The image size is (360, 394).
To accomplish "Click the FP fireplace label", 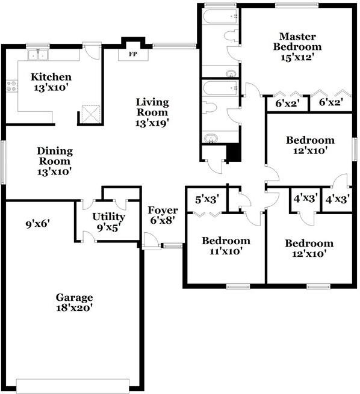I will click(x=132, y=54).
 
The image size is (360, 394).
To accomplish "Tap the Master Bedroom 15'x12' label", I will click(x=297, y=46).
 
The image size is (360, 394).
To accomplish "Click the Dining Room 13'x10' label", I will click(x=55, y=161).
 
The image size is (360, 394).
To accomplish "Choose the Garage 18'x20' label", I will click(x=75, y=303).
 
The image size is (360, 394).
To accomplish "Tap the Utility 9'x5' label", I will click(x=108, y=222).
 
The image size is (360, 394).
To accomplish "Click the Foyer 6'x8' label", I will click(x=163, y=215).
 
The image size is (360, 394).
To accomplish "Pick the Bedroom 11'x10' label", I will click(x=226, y=246).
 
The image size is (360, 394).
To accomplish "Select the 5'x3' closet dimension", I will click(x=206, y=199).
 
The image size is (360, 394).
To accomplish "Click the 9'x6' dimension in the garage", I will click(x=37, y=224).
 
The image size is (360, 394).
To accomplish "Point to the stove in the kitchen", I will click(x=11, y=87).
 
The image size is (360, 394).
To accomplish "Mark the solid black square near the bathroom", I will click(x=234, y=154).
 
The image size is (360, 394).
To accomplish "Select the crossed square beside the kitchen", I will click(x=90, y=113).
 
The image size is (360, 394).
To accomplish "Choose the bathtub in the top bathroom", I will click(x=219, y=16).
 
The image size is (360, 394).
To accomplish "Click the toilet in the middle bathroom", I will click(x=209, y=108).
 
